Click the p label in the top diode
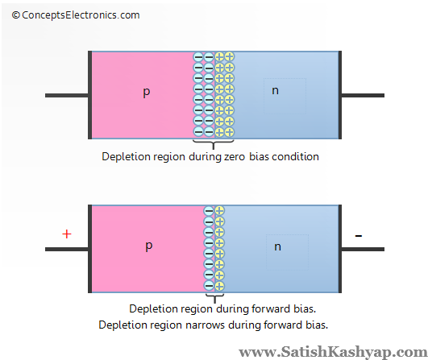(146, 93)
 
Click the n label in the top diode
(276, 90)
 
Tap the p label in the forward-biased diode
(148, 246)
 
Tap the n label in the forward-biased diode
(277, 246)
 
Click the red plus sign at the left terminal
(66, 234)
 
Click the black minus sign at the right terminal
(359, 235)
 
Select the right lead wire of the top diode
(362, 95)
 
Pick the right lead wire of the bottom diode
(362, 249)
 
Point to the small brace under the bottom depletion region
(214, 297)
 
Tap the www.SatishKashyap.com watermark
(332, 351)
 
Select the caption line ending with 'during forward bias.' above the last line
(221, 308)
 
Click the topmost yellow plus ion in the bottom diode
(219, 211)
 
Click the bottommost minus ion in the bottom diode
(209, 285)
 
